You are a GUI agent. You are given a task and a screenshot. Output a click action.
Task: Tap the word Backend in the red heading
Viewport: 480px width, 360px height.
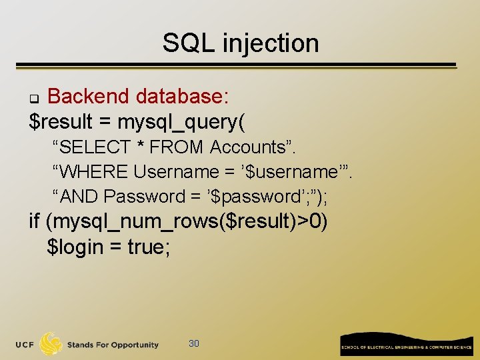point(88,97)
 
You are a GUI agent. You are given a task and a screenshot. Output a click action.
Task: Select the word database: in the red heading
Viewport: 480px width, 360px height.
point(183,97)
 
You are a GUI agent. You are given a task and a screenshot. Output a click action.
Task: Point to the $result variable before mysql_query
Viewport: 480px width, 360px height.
point(63,122)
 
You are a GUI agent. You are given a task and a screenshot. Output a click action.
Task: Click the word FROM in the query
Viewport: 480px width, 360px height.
point(177,147)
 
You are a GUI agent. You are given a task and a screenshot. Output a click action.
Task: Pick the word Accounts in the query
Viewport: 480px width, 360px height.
point(247,147)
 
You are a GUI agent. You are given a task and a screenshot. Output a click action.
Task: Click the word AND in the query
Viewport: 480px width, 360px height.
point(80,197)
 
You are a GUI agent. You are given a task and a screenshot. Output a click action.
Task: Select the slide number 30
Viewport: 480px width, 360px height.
point(194,343)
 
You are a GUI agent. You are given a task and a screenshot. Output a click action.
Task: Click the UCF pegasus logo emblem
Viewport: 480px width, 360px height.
point(51,343)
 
